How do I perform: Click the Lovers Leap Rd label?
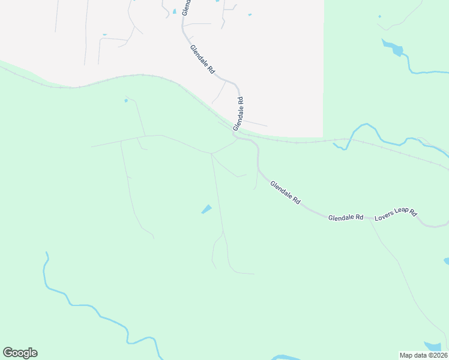click(x=396, y=215)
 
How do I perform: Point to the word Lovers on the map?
click(x=383, y=217)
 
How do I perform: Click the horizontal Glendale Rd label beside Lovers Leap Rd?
click(x=346, y=217)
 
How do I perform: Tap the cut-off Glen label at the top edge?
click(x=186, y=7)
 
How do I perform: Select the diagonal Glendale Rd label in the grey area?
click(x=202, y=59)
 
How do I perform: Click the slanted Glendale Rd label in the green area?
click(x=285, y=193)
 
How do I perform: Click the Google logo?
click(x=20, y=353)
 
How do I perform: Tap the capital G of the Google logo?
click(x=8, y=353)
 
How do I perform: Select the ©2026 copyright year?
click(x=437, y=355)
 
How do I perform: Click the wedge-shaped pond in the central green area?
click(x=206, y=209)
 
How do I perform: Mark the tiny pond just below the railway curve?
click(x=126, y=100)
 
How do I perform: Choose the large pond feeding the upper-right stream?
click(x=394, y=47)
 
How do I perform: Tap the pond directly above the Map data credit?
click(x=432, y=346)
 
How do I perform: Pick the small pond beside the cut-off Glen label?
click(x=175, y=11)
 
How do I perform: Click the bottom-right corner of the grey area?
click(x=323, y=136)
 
